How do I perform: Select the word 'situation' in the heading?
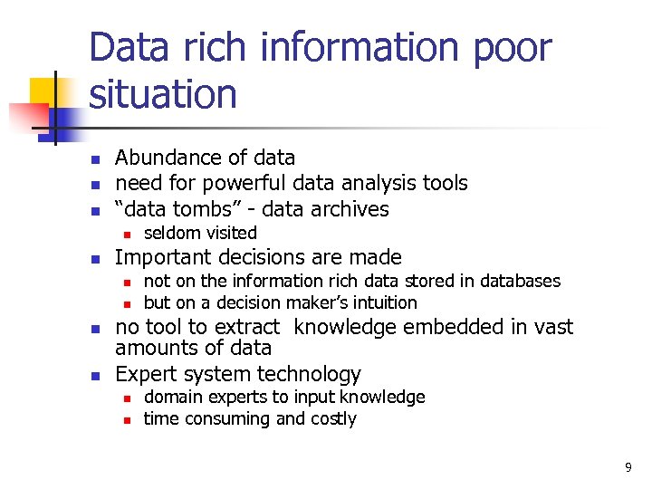(x=163, y=93)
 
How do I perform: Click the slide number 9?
(x=628, y=467)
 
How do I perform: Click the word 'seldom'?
(x=170, y=233)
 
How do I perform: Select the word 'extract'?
(x=252, y=327)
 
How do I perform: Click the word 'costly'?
(x=333, y=418)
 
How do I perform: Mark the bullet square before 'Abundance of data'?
(x=95, y=159)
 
